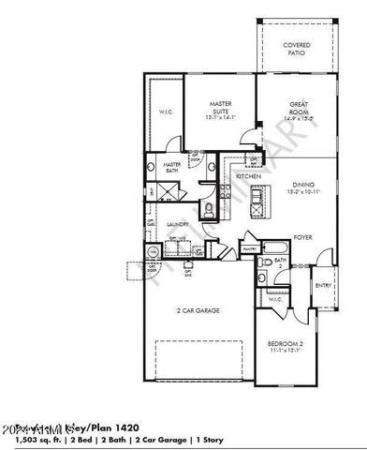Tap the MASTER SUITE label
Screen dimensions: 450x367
[221, 106]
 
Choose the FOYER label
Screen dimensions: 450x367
[302, 238]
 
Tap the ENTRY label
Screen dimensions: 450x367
[323, 287]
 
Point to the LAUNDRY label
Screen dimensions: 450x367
[178, 225]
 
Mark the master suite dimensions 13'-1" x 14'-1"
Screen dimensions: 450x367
[221, 118]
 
